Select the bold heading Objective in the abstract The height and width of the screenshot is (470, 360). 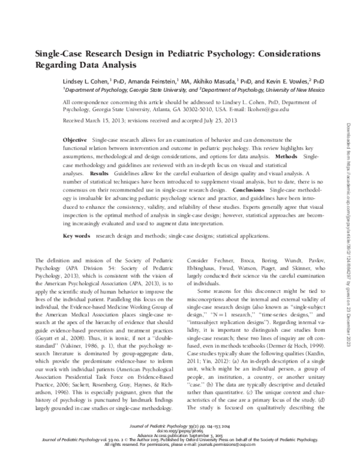coord(75,139)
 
